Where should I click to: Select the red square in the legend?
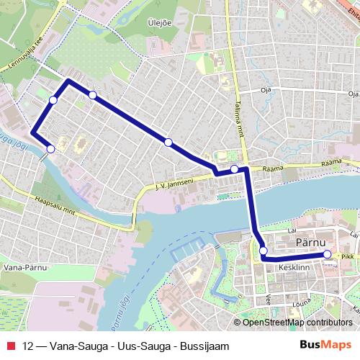tap(11, 346)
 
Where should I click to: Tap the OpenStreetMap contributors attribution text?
tap(296, 323)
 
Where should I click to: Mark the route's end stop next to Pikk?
tap(327, 254)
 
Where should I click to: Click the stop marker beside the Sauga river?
tap(50, 149)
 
